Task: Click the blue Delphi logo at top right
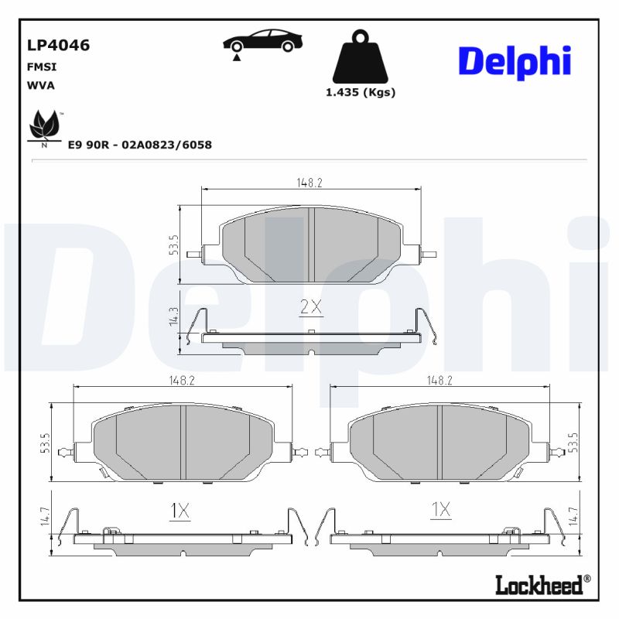[515, 61]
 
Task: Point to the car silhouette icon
[262, 43]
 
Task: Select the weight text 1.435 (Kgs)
[361, 92]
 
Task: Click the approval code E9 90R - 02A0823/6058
[140, 145]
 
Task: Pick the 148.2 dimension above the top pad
[309, 183]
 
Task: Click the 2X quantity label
[311, 307]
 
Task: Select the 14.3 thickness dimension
[173, 316]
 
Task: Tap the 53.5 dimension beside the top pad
[173, 245]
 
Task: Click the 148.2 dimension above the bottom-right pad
[439, 381]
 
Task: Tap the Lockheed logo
[539, 584]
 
